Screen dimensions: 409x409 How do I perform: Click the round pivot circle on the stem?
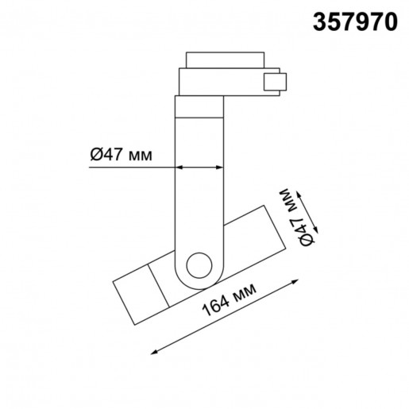199,265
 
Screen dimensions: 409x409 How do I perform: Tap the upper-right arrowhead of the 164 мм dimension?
295,280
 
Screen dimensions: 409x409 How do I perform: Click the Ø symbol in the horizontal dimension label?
94,156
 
